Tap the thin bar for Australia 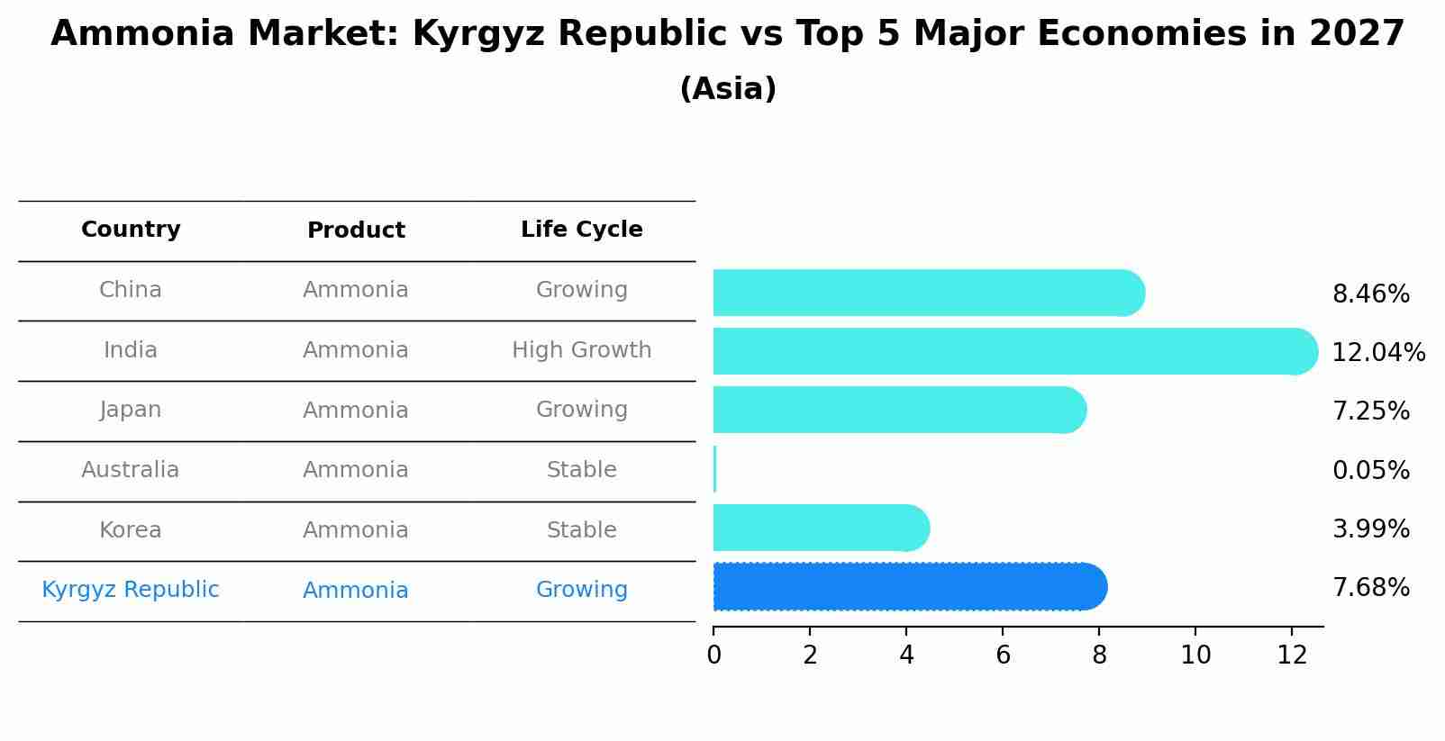pos(715,469)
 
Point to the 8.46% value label pos(1370,294)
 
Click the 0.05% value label pos(1370,470)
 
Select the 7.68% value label pos(1370,588)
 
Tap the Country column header pos(131,230)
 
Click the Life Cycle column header pos(581,230)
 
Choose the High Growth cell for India pos(581,350)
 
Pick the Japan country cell pos(131,410)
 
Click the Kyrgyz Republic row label pos(131,590)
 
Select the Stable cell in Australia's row pos(581,470)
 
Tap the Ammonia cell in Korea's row pos(356,530)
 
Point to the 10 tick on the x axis pos(1195,655)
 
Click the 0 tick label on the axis pos(713,655)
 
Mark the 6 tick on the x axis pos(1003,655)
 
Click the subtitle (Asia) pos(728,89)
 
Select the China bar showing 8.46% pos(928,293)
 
